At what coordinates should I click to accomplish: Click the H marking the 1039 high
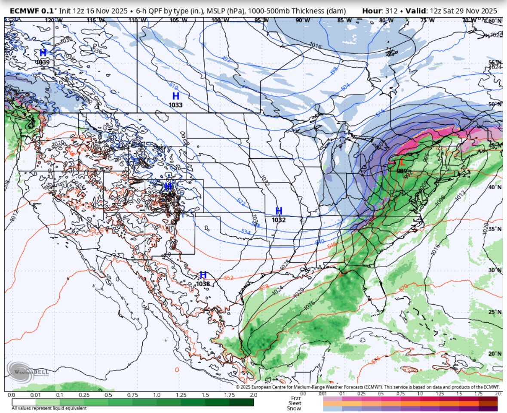point(43,53)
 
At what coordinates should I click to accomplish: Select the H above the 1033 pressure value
point(175,96)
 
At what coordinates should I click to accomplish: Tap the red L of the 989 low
point(402,163)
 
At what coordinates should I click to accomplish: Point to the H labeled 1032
point(279,211)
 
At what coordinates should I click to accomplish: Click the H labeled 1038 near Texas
point(203,275)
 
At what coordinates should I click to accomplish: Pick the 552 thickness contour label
point(229,278)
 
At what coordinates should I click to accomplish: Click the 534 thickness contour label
point(246,232)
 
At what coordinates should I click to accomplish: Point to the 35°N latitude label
point(495,229)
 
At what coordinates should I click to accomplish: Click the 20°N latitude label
point(495,354)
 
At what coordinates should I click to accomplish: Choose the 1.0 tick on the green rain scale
point(157,395)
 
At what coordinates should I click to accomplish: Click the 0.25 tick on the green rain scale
point(84,395)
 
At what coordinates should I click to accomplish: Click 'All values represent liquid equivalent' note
point(49,408)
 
